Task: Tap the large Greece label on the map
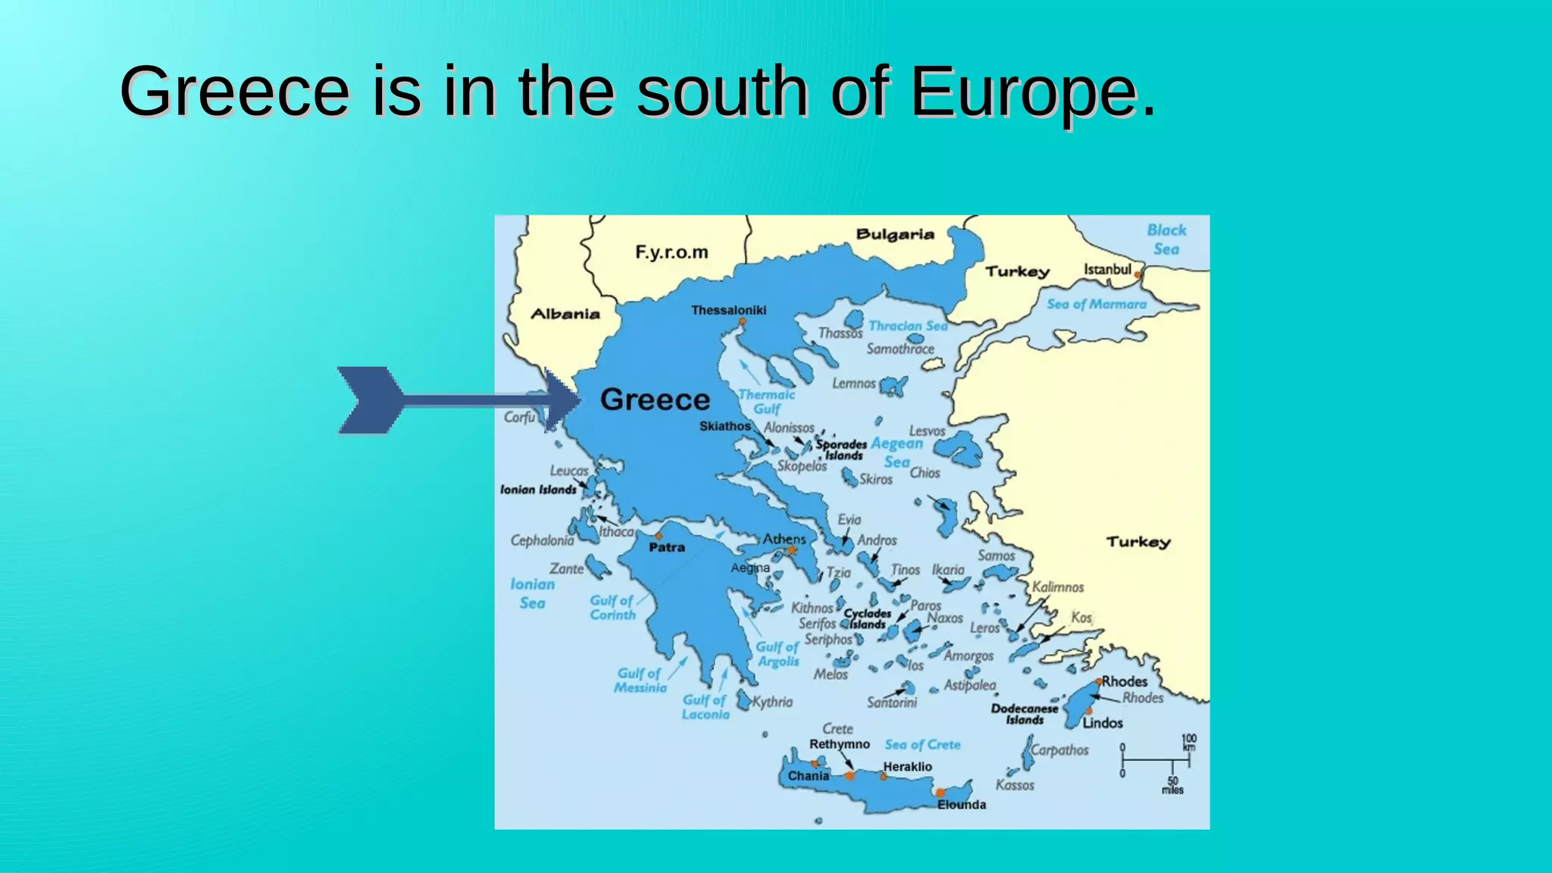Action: tap(655, 399)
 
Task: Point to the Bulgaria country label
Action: tap(895, 234)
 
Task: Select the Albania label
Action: tap(565, 314)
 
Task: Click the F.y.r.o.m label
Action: tap(671, 252)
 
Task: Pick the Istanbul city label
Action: tap(1107, 269)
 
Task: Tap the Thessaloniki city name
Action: tap(728, 310)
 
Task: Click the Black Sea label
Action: tap(1166, 239)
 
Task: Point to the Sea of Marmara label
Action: tap(1096, 304)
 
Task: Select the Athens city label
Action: tap(784, 539)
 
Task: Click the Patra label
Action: tap(667, 547)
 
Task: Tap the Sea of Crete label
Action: tap(922, 744)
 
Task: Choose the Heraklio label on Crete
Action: tap(907, 766)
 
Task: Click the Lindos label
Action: tap(1103, 722)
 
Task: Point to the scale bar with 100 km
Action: tap(1156, 759)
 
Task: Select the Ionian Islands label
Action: tap(538, 490)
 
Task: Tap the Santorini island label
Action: tap(892, 702)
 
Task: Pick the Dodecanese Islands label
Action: tap(1025, 714)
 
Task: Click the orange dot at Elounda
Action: tap(940, 793)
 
